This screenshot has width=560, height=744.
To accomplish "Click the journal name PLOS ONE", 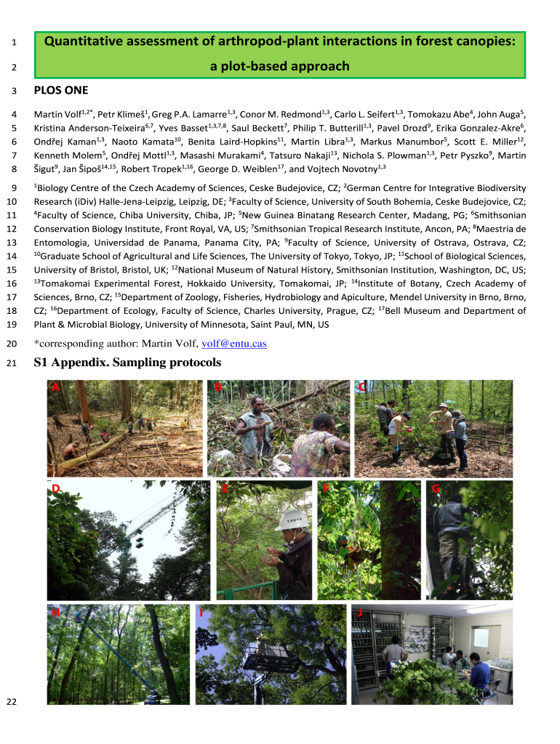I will pos(61,91).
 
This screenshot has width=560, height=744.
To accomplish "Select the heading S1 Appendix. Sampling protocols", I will pos(127,363).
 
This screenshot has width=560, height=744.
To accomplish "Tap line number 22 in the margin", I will pos(12,701).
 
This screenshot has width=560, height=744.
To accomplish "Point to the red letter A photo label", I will pos(55,387).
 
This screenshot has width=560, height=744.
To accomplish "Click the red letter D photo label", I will pos(55,488).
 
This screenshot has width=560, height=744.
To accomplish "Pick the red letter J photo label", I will pos(359,612).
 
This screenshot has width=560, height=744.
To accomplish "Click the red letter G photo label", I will pos(436,488).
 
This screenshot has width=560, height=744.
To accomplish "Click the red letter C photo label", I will pos(362,387).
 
